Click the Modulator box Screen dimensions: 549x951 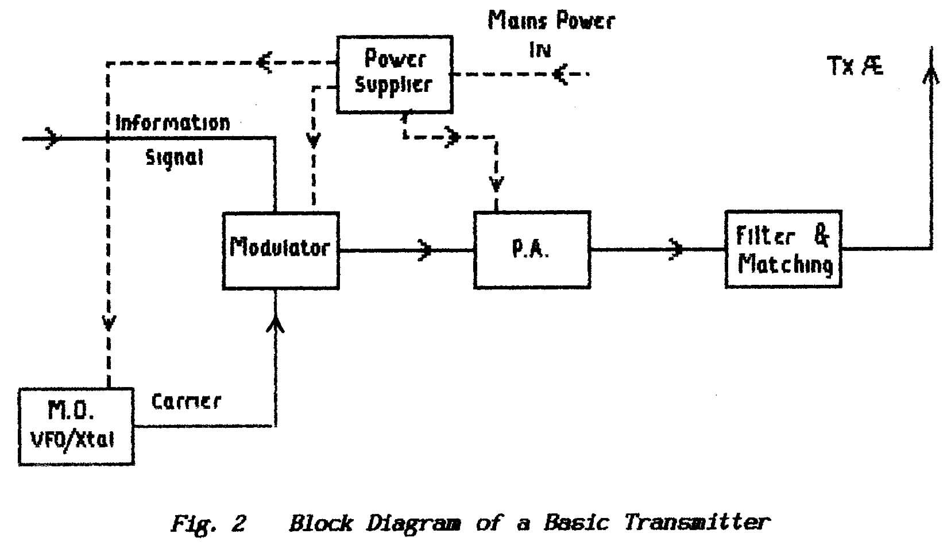click(280, 250)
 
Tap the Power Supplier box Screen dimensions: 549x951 click(394, 74)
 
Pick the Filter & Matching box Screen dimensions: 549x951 click(783, 249)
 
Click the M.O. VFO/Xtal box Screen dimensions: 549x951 click(76, 426)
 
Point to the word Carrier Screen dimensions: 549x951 click(186, 401)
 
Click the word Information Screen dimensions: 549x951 click(172, 123)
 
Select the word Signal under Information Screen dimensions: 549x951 click(174, 157)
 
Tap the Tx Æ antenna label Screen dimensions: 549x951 click(855, 67)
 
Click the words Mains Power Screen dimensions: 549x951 click(551, 21)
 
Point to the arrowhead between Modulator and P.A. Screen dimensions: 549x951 click(426, 250)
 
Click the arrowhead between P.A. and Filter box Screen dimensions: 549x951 click(676, 250)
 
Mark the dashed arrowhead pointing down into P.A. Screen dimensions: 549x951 click(496, 185)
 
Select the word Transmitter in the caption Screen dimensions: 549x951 click(696, 523)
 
